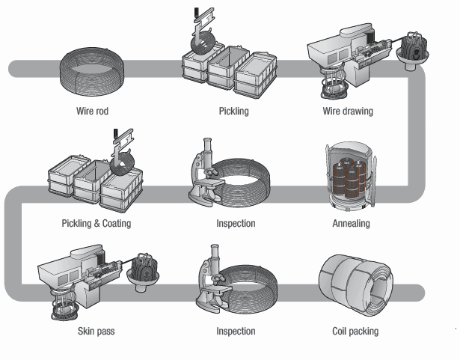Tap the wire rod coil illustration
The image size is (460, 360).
(93, 69)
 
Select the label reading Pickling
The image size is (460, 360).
(234, 112)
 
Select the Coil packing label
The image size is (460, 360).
(355, 331)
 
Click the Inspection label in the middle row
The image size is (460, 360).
(236, 223)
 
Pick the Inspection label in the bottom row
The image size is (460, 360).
(236, 331)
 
